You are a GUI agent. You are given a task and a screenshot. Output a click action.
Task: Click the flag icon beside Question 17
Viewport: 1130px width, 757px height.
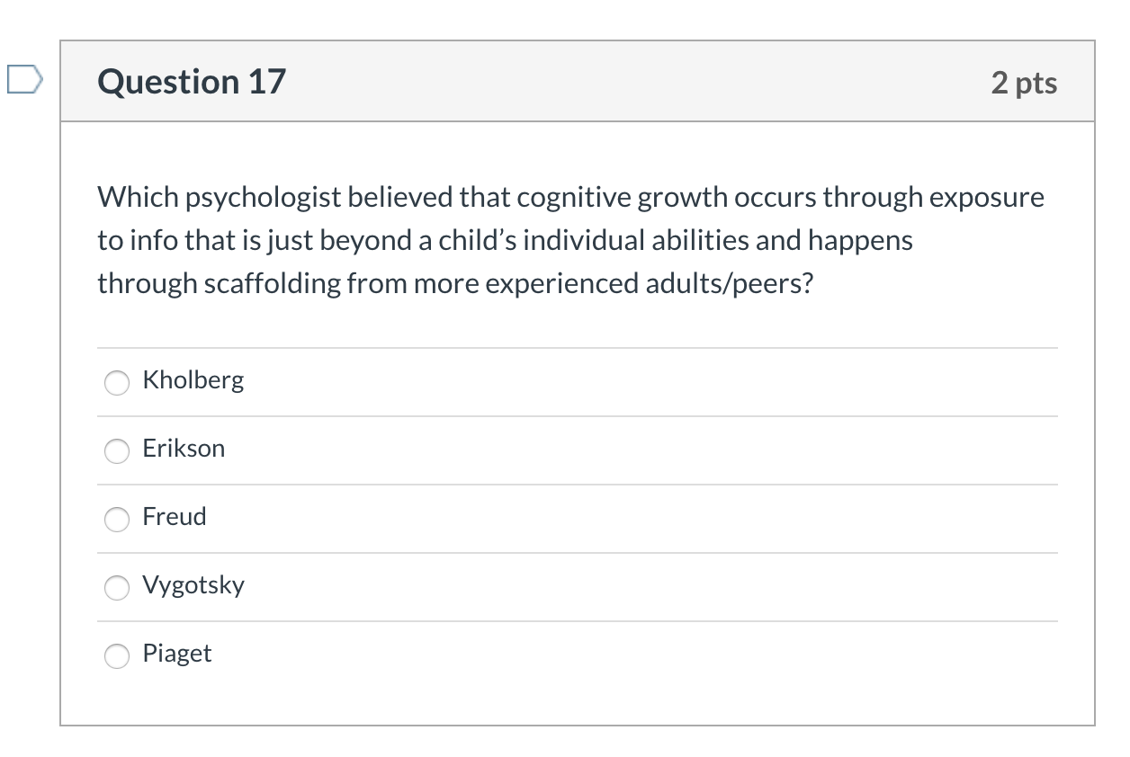coord(25,79)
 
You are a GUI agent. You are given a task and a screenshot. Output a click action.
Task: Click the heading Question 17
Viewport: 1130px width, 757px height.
coord(192,82)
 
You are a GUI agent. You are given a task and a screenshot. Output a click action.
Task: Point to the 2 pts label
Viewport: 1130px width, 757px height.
coord(1024,83)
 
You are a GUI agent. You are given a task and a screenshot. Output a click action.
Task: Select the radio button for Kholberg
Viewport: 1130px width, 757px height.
coord(117,382)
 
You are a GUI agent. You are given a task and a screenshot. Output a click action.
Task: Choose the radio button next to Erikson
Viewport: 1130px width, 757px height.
coord(117,450)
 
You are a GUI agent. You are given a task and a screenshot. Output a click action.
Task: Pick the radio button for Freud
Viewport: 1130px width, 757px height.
coord(117,519)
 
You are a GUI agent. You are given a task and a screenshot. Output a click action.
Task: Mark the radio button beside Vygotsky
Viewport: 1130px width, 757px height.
coord(117,588)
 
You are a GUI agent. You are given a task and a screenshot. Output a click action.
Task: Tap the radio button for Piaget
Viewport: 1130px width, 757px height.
coord(117,655)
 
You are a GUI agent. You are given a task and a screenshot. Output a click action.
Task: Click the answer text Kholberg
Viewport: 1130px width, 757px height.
coord(193,380)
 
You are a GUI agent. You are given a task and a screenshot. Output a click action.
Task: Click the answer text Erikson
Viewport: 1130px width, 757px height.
coord(184,448)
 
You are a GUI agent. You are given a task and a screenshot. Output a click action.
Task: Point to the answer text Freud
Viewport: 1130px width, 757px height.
coord(175,517)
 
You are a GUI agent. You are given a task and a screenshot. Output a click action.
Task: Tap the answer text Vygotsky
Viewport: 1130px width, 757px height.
coord(193,585)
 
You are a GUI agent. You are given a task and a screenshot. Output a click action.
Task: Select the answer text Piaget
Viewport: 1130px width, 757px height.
coord(177,655)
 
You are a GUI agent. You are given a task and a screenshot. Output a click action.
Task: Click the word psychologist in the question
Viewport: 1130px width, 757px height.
coord(264,198)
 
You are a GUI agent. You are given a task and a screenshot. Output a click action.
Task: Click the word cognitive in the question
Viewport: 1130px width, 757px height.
coord(574,198)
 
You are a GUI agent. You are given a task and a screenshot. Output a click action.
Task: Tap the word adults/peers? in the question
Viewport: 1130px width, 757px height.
coord(730,284)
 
